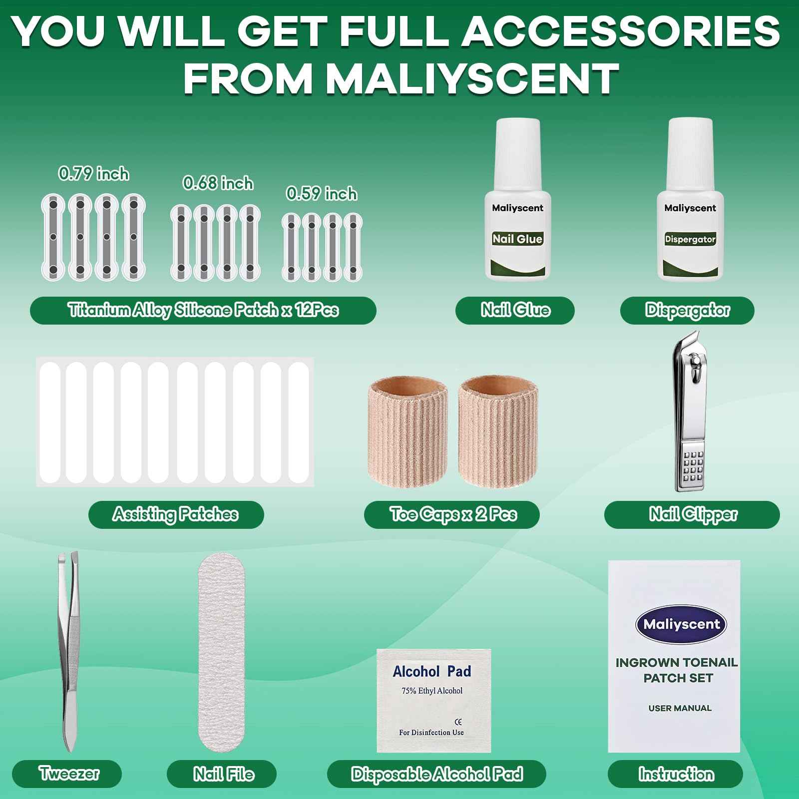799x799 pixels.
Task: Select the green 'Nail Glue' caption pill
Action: tap(515, 310)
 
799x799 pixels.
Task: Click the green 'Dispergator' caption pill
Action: tap(687, 310)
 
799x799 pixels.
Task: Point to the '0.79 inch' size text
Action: tap(93, 174)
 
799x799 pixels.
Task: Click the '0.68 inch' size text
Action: tap(218, 183)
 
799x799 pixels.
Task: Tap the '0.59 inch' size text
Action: tap(322, 193)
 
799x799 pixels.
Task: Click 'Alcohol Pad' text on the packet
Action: tap(432, 671)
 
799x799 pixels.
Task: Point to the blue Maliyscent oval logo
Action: tap(681, 624)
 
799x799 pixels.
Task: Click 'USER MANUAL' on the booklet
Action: tap(680, 708)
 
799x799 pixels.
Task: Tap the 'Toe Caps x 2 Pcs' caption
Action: tap(452, 514)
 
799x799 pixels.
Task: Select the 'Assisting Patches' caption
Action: tap(176, 514)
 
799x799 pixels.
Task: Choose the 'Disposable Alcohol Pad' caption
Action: tap(436, 774)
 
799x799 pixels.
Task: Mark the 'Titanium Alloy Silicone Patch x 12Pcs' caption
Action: tap(203, 310)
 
